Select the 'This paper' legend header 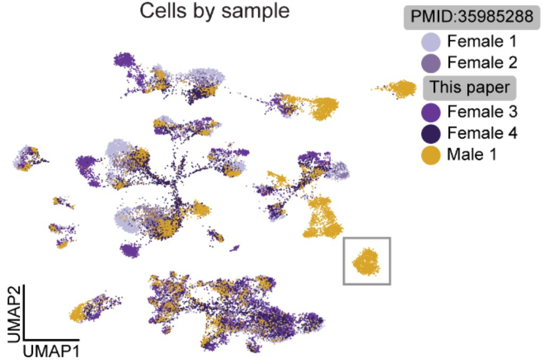469,87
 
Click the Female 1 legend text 481,41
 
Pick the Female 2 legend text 481,63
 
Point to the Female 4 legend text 481,133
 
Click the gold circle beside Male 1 431,156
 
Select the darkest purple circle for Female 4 431,134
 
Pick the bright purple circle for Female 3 431,111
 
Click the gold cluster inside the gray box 366,261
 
